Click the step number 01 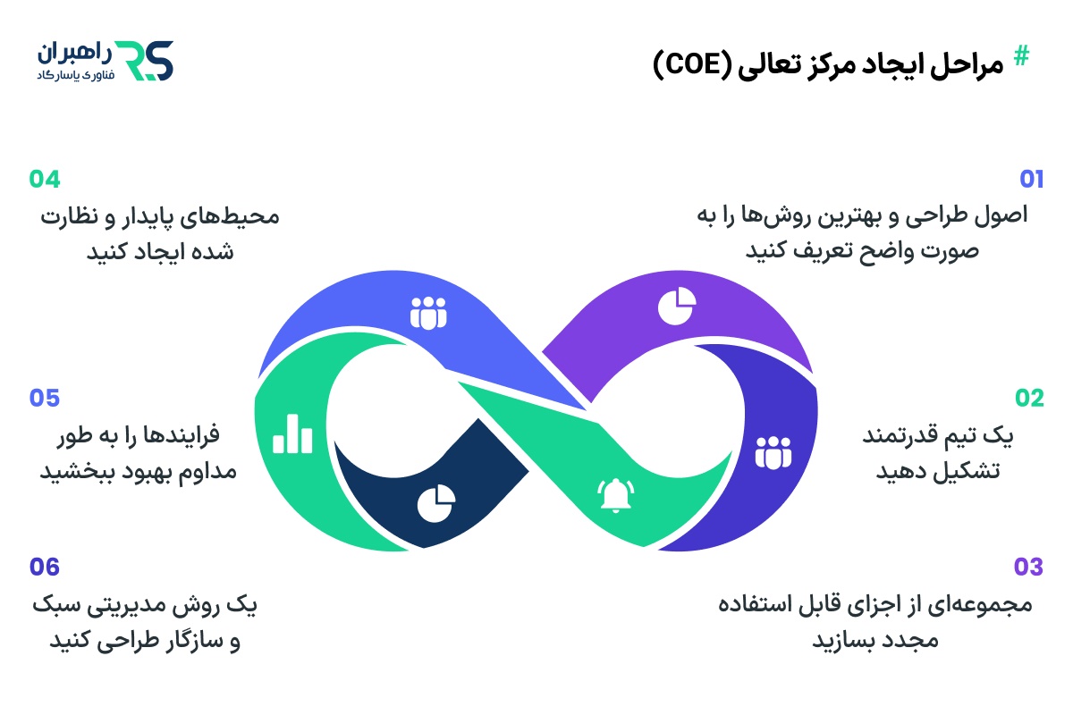(1031, 180)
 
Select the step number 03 (1028, 567)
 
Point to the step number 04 (45, 180)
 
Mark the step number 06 (45, 567)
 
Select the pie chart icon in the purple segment (676, 307)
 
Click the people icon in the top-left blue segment (428, 313)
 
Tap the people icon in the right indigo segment (773, 453)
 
